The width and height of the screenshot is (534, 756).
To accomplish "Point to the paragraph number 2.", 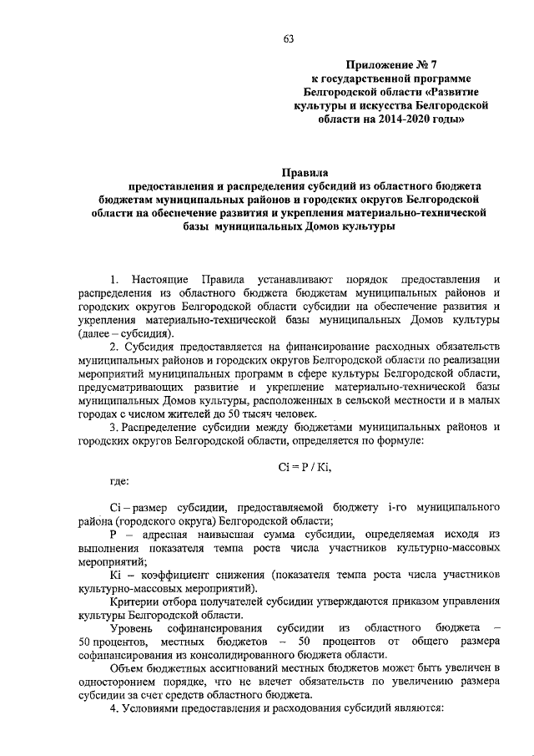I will [115, 347].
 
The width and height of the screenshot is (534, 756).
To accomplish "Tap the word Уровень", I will [137, 627].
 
